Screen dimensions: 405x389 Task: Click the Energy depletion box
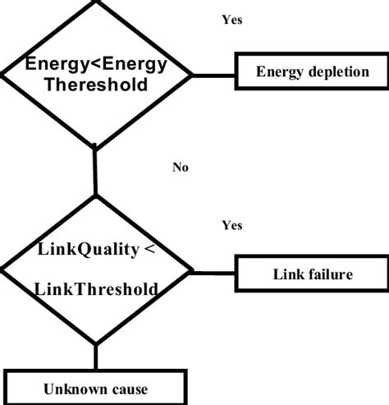312,71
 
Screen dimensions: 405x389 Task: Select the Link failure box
312,274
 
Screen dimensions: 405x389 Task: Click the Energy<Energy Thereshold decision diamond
96,74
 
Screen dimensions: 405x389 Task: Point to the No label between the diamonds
181,167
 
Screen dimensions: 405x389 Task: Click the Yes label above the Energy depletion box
232,19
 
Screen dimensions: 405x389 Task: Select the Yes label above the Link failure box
232,224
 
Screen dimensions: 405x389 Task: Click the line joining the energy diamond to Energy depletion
214,73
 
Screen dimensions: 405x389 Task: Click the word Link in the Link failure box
287,274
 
